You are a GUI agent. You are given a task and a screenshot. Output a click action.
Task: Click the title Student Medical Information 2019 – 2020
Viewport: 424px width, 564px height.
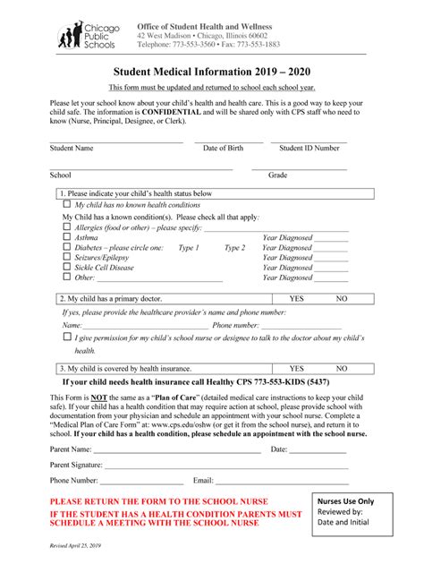213,71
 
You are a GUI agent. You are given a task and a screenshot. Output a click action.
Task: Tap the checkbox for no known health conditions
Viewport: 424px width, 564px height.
67,205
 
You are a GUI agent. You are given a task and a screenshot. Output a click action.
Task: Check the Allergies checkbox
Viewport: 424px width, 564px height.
67,227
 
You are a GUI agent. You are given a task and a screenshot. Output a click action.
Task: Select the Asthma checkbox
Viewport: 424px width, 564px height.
67,237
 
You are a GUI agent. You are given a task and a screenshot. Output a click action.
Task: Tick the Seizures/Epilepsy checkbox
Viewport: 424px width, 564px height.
67,257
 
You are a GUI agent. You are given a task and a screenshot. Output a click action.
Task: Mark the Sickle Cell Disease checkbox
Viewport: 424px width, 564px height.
67,267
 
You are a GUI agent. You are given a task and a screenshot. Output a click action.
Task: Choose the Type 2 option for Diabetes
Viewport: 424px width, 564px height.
234,248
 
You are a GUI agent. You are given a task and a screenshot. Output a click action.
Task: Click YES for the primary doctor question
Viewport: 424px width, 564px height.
297,299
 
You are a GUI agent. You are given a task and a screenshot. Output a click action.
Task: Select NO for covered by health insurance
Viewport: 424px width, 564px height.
341,368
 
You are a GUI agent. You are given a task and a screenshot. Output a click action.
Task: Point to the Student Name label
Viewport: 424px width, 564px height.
72,148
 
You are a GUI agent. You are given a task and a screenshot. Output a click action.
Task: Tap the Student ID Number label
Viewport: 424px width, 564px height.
309,148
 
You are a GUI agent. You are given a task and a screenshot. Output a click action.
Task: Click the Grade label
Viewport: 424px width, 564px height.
277,175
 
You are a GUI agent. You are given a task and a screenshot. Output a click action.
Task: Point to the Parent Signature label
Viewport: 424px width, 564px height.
76,466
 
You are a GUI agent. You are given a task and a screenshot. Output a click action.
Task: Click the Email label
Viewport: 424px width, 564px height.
203,481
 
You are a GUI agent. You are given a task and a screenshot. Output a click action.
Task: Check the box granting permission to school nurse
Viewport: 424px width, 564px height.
67,338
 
